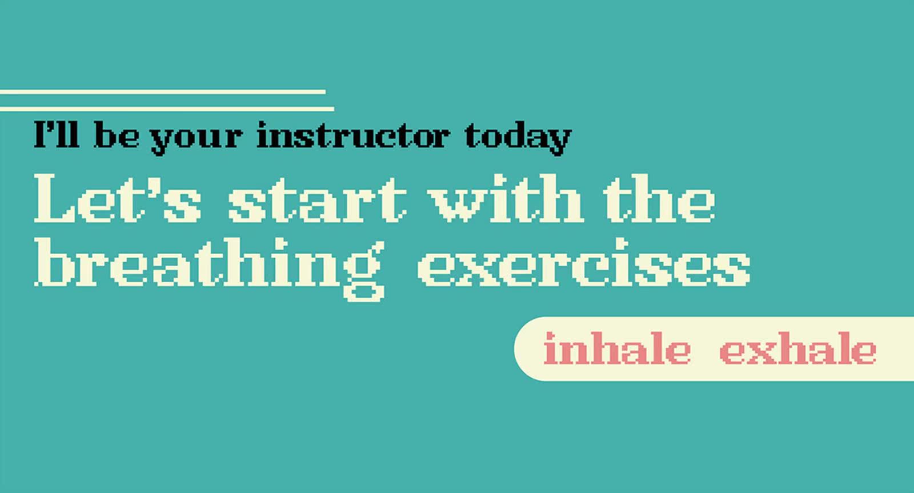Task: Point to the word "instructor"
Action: click(x=354, y=135)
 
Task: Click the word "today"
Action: click(x=518, y=138)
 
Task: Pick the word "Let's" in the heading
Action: click(x=118, y=198)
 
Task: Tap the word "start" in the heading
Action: click(x=318, y=201)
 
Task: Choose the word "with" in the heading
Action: click(x=506, y=198)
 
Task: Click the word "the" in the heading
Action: click(x=660, y=198)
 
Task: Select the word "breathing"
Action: click(x=209, y=270)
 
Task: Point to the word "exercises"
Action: click(x=583, y=262)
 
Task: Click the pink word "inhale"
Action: click(x=617, y=348)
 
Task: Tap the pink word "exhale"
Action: click(x=797, y=348)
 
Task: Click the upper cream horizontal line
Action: click(x=163, y=92)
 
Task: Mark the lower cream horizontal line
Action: click(x=167, y=109)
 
